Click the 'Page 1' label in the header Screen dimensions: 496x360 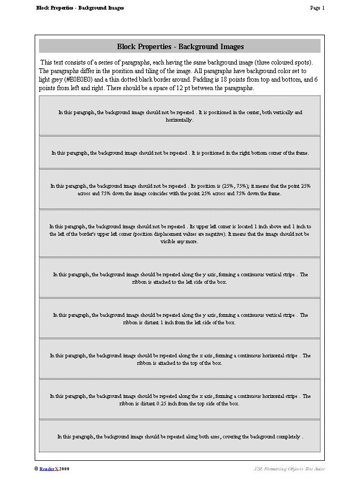317,8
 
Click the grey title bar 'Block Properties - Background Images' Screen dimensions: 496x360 180,46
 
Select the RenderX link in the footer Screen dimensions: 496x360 49,469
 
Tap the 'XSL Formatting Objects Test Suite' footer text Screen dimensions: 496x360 289,469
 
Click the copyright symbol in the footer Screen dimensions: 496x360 36,469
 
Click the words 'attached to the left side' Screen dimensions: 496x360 178,282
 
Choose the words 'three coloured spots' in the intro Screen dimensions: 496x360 283,62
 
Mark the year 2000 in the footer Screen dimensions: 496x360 65,469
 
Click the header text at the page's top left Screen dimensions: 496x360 80,8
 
